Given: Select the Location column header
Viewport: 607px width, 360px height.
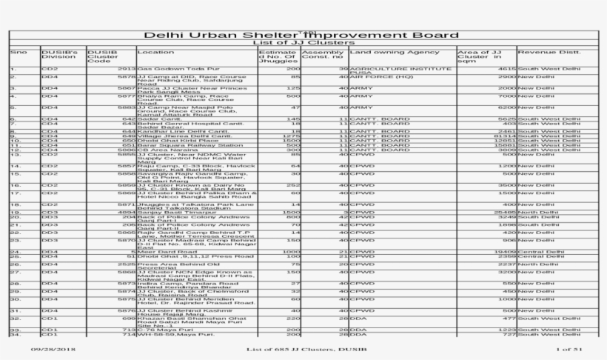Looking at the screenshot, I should click(155, 53).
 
